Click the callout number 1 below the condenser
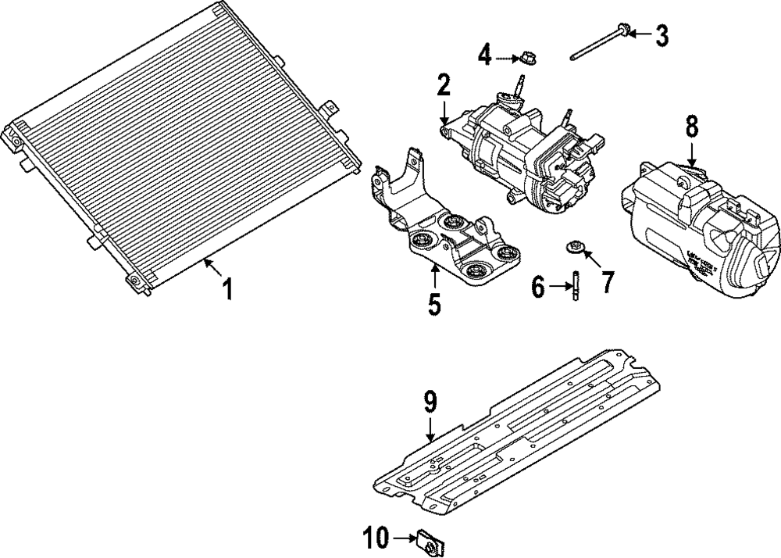pyautogui.click(x=226, y=290)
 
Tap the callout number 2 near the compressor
pyautogui.click(x=444, y=84)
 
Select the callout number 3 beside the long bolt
pyautogui.click(x=662, y=35)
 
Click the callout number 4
pyautogui.click(x=485, y=55)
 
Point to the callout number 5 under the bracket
pyautogui.click(x=434, y=303)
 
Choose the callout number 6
pyautogui.click(x=538, y=287)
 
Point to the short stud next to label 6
pyautogui.click(x=574, y=283)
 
